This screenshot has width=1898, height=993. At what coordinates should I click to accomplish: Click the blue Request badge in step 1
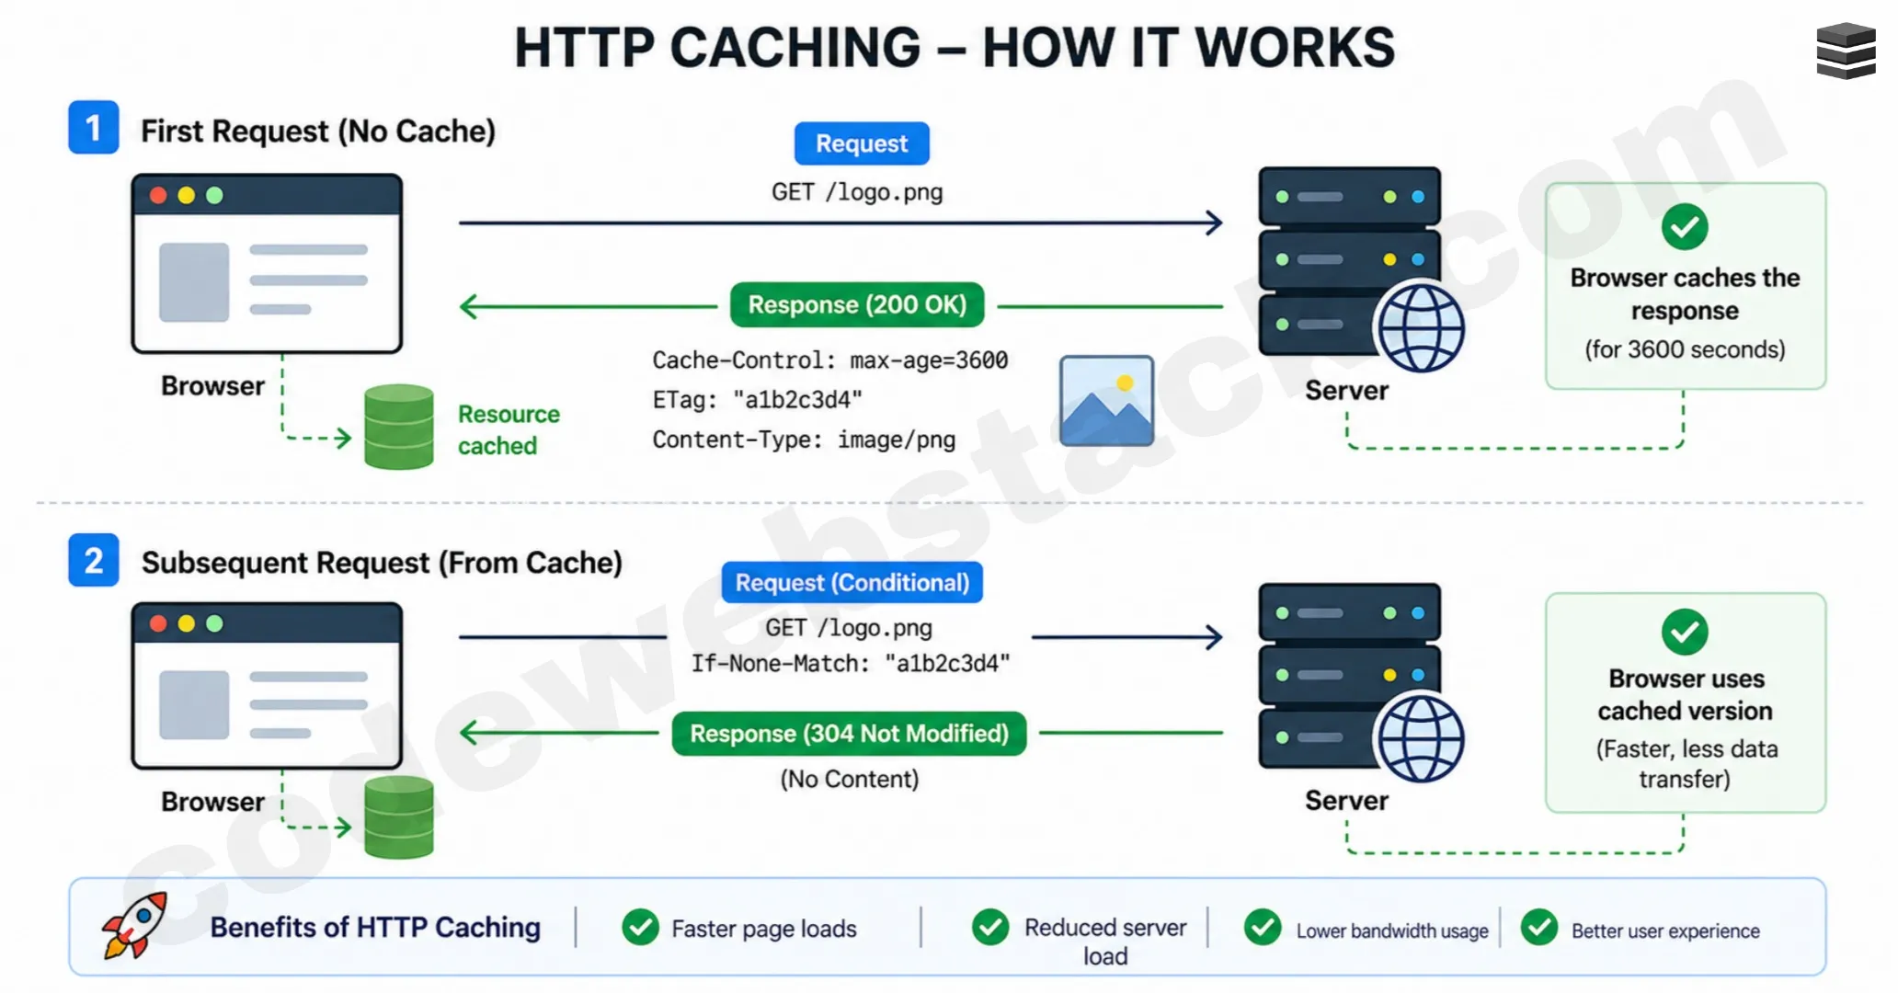[x=862, y=143]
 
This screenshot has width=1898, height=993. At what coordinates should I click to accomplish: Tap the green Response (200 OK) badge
[x=857, y=304]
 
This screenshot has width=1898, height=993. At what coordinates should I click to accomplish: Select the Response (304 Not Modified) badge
[x=849, y=734]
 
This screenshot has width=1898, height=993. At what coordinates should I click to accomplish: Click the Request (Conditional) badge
[x=852, y=583]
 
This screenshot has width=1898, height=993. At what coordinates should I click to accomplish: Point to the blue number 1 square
[x=94, y=128]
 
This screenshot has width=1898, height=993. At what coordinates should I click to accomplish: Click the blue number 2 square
[x=94, y=560]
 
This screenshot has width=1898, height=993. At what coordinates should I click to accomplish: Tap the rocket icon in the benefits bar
[x=135, y=925]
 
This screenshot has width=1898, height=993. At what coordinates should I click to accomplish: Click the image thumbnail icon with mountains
[x=1106, y=401]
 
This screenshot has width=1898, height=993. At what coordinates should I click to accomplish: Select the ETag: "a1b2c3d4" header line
[x=757, y=400]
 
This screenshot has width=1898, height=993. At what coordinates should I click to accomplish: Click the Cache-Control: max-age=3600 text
[x=829, y=360]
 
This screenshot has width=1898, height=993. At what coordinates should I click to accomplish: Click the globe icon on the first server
[x=1420, y=328]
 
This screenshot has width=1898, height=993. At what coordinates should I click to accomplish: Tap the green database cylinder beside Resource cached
[x=398, y=427]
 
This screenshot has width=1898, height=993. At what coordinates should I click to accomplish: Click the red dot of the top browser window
[x=158, y=195]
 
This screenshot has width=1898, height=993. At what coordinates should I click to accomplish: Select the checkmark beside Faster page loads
[x=640, y=928]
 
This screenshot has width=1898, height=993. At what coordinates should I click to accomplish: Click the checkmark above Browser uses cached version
[x=1685, y=632]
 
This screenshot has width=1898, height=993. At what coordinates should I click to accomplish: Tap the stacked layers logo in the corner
[x=1846, y=51]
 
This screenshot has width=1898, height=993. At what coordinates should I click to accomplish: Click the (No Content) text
[x=849, y=780]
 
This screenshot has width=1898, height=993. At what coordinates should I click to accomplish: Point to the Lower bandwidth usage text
[x=1391, y=931]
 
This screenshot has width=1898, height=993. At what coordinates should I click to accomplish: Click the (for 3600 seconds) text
[x=1685, y=350]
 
